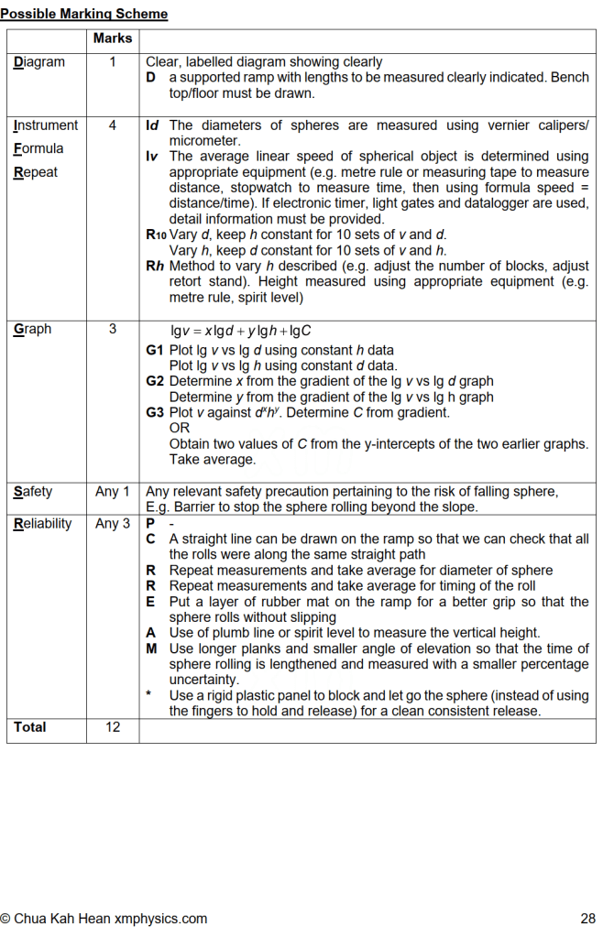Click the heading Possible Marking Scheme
(84, 14)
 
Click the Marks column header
(113, 38)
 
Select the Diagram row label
(39, 62)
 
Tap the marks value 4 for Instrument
(113, 125)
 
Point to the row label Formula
(39, 148)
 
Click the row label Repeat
(36, 171)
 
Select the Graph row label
(33, 329)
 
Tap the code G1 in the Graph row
(155, 350)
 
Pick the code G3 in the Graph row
(155, 412)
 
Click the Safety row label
(33, 492)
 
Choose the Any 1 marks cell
(113, 492)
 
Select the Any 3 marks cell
(113, 524)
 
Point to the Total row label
(30, 727)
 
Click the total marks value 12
(113, 727)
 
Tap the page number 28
(587, 918)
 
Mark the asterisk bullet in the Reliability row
(148, 695)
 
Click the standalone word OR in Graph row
(179, 428)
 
